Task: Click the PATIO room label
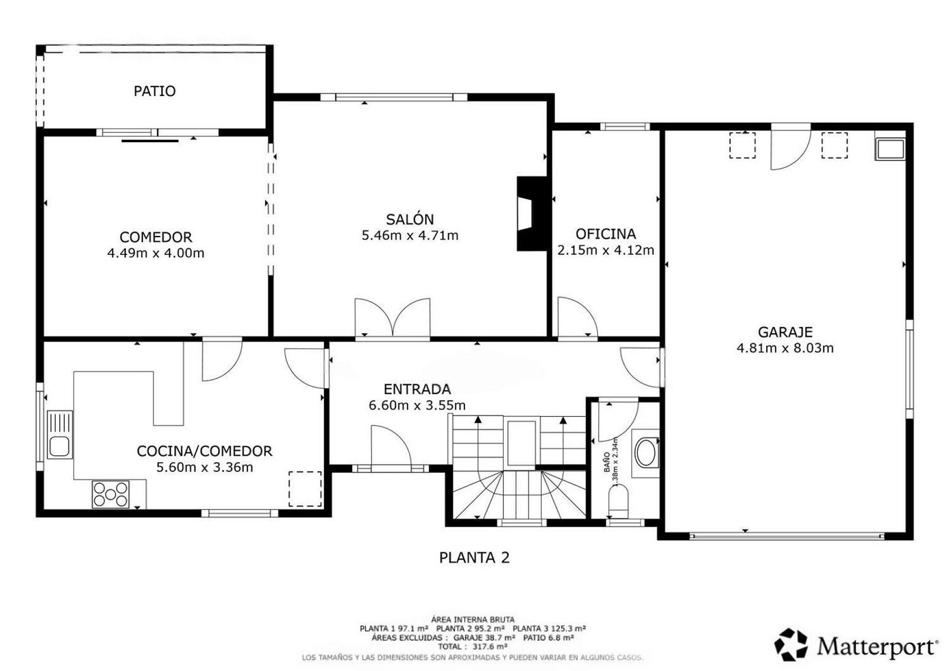tap(155, 91)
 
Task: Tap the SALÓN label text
tap(410, 219)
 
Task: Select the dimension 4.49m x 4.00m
tap(156, 253)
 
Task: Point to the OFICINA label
tap(605, 233)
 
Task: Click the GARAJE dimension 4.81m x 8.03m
tap(785, 348)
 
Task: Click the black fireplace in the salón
tap(531, 214)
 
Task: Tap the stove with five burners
tap(110, 494)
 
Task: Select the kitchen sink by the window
tap(60, 435)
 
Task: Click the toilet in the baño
tap(619, 501)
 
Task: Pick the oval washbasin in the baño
tap(646, 452)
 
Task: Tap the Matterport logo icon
tap(791, 645)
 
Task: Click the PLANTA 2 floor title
tap(474, 558)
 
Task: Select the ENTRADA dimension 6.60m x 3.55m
tap(417, 405)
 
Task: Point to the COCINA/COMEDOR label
tap(205, 451)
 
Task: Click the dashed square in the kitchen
tap(305, 489)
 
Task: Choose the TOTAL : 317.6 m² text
tap(473, 647)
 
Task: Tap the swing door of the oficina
tap(578, 317)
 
